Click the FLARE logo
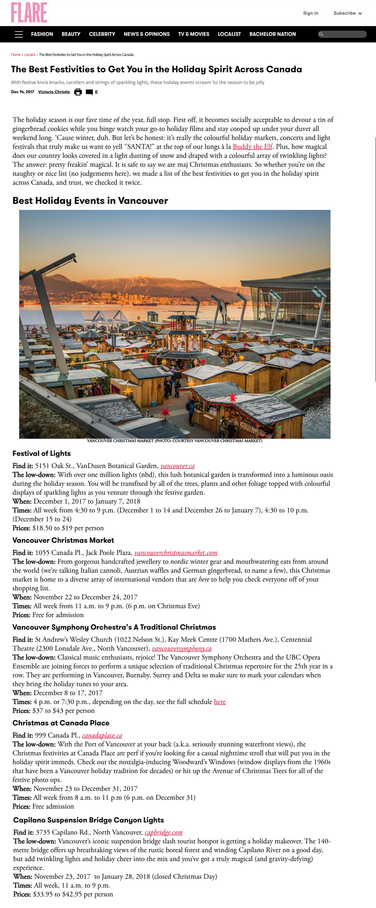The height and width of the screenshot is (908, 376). click(29, 12)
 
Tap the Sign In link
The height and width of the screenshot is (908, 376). click(311, 13)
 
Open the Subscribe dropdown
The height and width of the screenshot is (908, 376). click(347, 13)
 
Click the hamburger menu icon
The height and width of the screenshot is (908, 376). click(19, 34)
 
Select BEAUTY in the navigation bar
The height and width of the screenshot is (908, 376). click(71, 34)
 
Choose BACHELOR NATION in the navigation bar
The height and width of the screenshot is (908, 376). click(273, 34)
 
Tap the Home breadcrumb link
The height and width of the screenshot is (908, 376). click(16, 55)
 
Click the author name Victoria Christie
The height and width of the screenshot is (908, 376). click(54, 92)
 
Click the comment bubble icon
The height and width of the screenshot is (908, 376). click(89, 92)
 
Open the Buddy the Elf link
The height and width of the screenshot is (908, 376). click(253, 147)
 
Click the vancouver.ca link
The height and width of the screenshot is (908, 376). click(177, 466)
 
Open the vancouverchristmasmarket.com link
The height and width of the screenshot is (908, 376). click(176, 553)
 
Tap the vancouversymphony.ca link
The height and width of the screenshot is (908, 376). click(182, 649)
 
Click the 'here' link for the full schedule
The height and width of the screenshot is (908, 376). click(220, 702)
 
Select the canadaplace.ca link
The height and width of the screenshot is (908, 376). click(102, 736)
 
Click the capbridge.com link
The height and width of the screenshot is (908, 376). click(164, 832)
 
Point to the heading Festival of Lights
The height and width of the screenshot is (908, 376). click(41, 453)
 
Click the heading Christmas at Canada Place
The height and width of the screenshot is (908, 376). click(61, 723)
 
